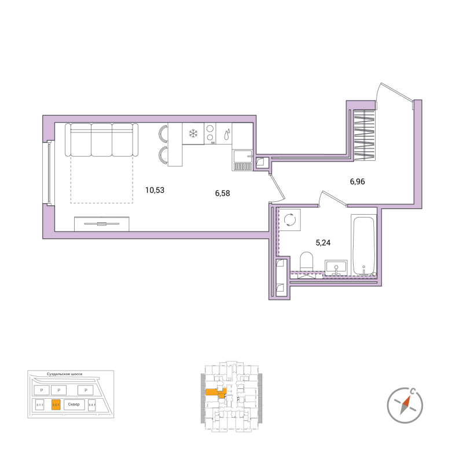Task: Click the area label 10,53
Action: [x=155, y=189]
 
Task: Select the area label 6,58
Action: [x=222, y=193]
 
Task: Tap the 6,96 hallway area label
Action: [x=357, y=181]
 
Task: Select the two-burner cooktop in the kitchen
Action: [x=210, y=134]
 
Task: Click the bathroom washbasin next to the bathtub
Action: [x=336, y=267]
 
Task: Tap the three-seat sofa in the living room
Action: [x=101, y=139]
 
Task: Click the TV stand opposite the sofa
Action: [x=101, y=223]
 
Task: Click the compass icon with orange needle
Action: [x=405, y=403]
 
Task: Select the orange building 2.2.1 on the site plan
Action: [x=56, y=405]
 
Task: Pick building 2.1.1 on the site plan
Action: [x=40, y=405]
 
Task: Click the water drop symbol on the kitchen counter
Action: [x=226, y=132]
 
